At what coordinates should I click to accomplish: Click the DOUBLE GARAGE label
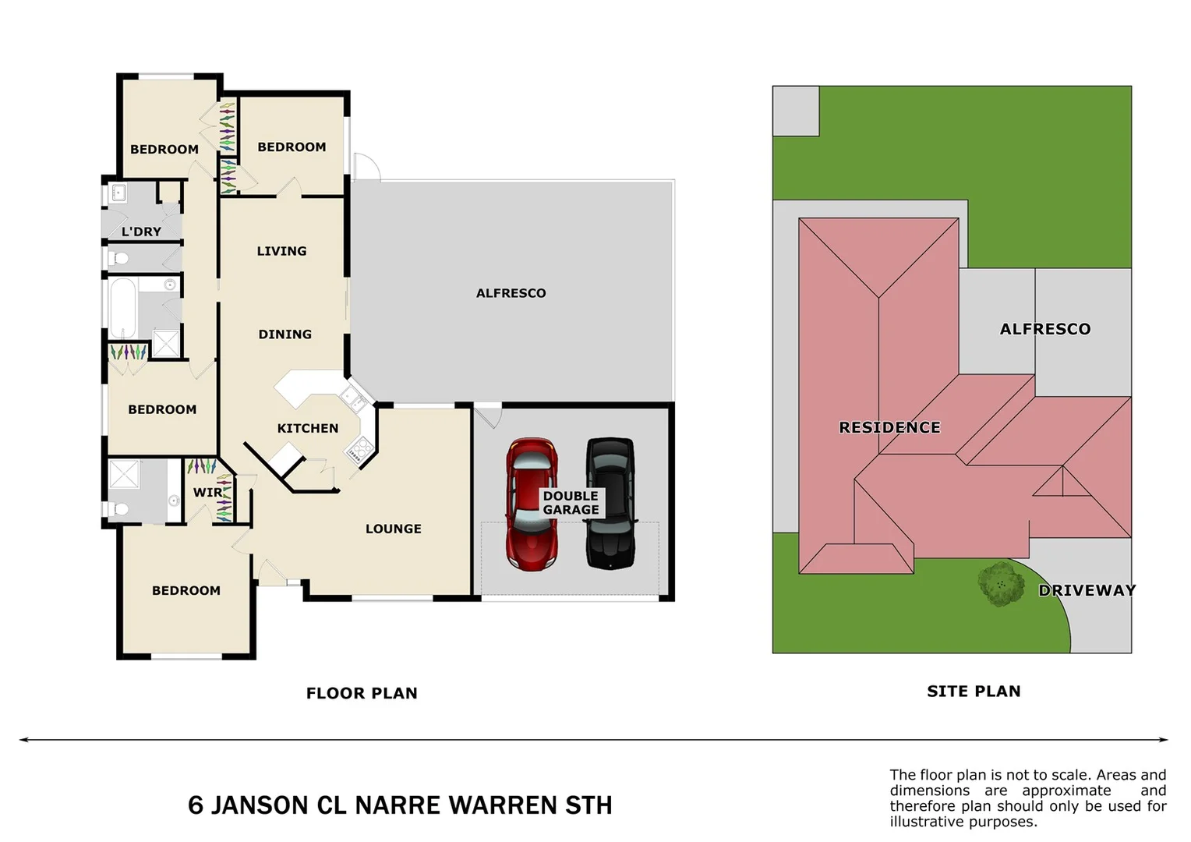pos(571,503)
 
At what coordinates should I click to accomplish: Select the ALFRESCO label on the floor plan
pos(511,293)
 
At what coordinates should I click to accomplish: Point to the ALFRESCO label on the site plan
pos(1044,329)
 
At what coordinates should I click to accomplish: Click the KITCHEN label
pos(308,428)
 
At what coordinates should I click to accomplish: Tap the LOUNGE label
pos(393,529)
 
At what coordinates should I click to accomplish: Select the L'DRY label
pos(141,232)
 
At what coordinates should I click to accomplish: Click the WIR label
pos(207,493)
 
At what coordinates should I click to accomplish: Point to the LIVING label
pos(281,251)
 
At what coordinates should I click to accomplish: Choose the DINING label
pos(284,334)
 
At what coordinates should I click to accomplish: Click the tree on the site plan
pos(1001,584)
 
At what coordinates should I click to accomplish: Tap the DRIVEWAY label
pos(1086,590)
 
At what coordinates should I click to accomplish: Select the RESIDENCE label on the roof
pos(889,427)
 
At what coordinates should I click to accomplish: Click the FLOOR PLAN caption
pos(362,693)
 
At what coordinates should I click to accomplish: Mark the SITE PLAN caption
pos(973,691)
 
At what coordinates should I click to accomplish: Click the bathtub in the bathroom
pos(123,309)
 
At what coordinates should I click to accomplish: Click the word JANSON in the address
pos(260,805)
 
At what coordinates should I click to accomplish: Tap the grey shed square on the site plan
pos(795,111)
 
